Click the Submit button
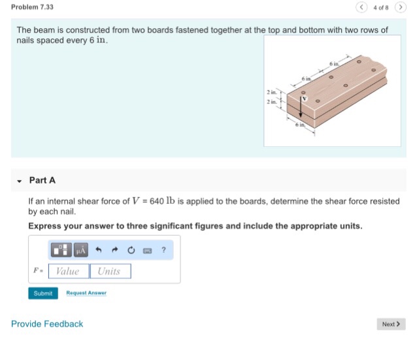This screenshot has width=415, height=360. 42,293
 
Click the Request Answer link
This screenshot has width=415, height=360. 86,293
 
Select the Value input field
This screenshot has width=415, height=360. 68,271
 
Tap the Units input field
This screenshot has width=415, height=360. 110,271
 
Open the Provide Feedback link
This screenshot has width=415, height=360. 47,324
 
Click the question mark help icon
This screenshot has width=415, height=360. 163,250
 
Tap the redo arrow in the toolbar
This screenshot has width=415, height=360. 114,250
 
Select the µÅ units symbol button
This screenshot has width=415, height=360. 80,250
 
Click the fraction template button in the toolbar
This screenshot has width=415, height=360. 61,250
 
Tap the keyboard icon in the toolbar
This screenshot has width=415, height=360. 147,250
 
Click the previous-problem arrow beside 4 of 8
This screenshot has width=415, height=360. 362,7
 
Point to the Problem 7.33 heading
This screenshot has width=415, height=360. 33,7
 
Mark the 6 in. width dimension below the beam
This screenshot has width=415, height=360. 301,125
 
